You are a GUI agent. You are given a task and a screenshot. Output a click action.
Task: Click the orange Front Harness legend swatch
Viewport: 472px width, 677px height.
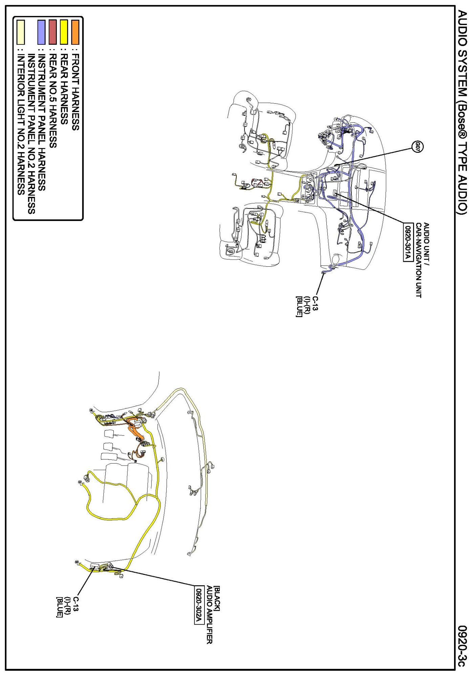pos(75,32)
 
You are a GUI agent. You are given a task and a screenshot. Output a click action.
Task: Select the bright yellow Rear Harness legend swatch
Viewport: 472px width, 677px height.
pos(64,32)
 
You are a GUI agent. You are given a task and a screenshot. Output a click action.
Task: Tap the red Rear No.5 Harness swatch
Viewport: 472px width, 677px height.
pos(52,32)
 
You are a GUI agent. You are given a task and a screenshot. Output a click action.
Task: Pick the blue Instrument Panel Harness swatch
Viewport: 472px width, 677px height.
pos(41,32)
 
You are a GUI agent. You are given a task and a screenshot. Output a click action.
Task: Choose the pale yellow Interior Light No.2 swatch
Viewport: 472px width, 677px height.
pos(21,32)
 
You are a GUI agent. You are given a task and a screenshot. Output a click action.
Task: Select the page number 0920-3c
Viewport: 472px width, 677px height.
pos(463,646)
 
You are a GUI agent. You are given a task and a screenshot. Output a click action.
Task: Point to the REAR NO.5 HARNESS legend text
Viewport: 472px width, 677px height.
pos(52,101)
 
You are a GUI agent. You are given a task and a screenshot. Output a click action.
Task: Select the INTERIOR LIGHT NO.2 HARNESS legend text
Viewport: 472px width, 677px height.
pos(21,125)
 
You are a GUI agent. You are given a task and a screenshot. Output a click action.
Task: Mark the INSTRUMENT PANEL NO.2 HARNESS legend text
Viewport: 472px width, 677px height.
pos(31,134)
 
